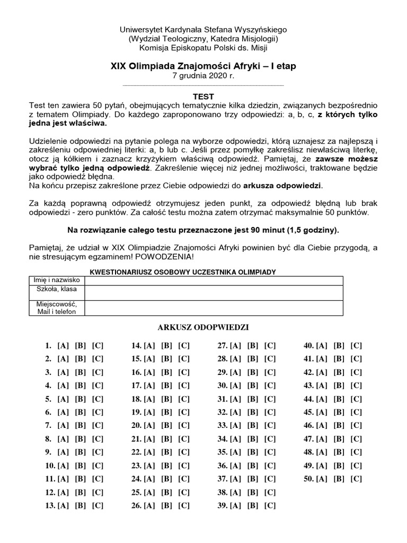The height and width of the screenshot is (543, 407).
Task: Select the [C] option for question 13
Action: coord(98,505)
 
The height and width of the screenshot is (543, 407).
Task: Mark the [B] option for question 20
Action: coord(167,425)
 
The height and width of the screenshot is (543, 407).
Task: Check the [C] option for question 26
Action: coord(184,505)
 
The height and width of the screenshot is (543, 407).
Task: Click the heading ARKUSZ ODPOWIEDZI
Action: coord(203,327)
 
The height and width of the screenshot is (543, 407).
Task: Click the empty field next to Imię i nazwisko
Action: coord(213,281)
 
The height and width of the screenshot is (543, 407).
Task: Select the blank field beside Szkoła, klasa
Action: coord(213,292)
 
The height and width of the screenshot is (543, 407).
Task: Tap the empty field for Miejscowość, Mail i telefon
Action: coord(213,308)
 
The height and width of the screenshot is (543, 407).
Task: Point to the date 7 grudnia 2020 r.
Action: coord(203,76)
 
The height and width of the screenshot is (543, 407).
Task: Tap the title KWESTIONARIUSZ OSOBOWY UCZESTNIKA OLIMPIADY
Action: coord(184,271)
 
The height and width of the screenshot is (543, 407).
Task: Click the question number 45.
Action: coord(308,412)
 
